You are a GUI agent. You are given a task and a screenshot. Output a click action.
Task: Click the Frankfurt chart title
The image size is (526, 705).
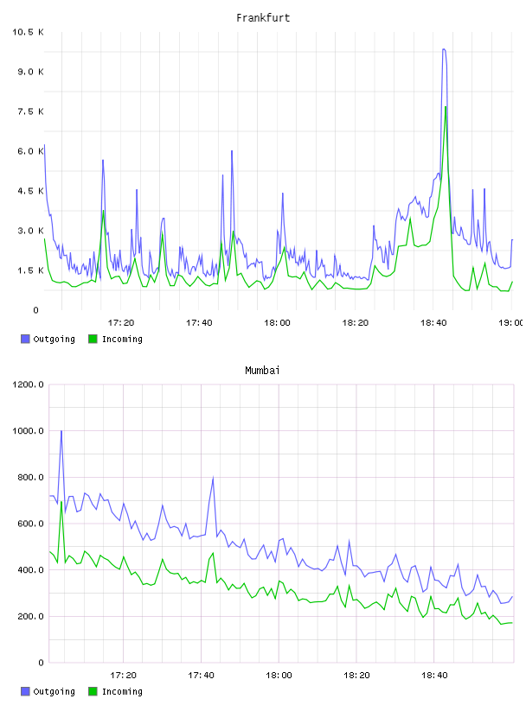tap(263, 18)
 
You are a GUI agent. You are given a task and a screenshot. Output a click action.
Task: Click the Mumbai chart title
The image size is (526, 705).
tap(262, 371)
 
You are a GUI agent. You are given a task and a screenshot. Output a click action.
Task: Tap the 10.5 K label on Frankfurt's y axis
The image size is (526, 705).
tap(28, 32)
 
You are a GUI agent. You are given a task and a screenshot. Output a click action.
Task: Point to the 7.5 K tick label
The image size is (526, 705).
tap(30, 111)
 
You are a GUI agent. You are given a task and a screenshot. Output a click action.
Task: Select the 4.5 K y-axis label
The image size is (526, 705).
tap(30, 191)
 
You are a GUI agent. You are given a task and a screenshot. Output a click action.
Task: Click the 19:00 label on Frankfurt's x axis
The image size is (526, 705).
tap(510, 322)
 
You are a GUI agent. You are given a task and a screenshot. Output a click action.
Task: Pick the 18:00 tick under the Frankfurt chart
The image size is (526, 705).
tap(277, 322)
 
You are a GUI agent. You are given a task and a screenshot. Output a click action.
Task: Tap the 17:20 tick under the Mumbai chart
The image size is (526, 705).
tap(123, 675)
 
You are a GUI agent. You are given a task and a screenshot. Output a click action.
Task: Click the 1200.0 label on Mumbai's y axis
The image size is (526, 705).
tap(28, 384)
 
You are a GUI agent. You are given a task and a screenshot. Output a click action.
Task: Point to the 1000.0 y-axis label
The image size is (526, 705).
tap(28, 431)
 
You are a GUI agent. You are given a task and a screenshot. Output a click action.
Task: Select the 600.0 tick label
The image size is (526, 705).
tap(30, 524)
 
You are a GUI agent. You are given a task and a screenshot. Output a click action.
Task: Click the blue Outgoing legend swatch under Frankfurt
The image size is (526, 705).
tap(25, 339)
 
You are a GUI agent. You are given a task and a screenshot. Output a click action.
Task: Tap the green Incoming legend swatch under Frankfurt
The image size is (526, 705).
tap(93, 339)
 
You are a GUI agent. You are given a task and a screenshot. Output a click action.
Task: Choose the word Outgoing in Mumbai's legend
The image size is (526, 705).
tap(54, 691)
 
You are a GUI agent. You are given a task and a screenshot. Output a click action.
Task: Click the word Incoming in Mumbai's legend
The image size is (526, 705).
tap(122, 691)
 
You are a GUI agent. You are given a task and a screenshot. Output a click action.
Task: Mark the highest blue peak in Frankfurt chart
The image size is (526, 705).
tap(444, 49)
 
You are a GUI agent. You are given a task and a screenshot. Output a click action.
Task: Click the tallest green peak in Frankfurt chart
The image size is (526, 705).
tap(446, 107)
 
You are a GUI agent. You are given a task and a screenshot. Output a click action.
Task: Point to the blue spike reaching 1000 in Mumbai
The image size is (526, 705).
tap(61, 431)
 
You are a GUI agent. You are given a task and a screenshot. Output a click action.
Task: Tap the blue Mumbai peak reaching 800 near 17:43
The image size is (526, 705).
tap(213, 478)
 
